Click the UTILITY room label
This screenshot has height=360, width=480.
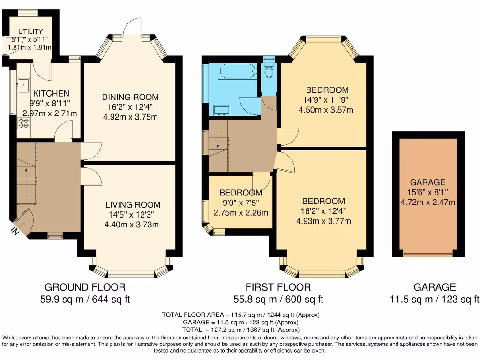pos(30,31)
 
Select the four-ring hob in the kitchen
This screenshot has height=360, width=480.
pos(23,124)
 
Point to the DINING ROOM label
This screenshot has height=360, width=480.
pos(130,97)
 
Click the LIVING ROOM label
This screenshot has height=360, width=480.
pos(133,205)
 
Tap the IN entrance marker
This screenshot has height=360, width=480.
pos(15,231)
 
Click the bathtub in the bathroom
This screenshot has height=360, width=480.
pos(237,72)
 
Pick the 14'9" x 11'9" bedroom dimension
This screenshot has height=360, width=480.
pos(327,99)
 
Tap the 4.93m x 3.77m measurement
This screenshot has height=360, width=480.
pos(323,221)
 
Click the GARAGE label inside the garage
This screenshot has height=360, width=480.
pos(427,182)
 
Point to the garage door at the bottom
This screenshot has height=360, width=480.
pos(427,255)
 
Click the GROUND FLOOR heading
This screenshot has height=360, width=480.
pos(85,287)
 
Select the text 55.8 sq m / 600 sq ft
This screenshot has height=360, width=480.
pos(278,299)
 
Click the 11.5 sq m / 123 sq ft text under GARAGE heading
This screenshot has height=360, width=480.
pos(434,299)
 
